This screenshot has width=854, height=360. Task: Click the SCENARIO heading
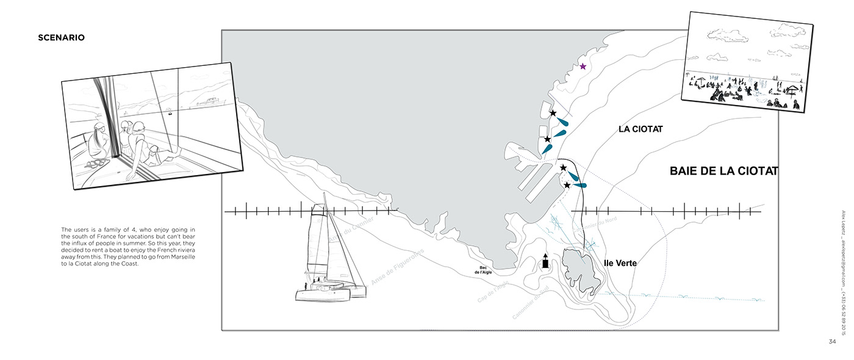[x=61, y=38]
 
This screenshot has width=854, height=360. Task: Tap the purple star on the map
[x=583, y=67]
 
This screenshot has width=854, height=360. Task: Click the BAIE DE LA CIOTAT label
[x=723, y=171]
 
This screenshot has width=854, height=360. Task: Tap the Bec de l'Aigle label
[x=486, y=270]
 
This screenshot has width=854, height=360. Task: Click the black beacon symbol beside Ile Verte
[x=545, y=262]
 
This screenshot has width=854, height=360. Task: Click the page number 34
[x=832, y=341]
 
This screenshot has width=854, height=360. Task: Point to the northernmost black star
[x=553, y=113]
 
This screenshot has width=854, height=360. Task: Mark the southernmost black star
[x=567, y=185]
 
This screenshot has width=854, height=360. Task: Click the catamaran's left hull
[x=320, y=295]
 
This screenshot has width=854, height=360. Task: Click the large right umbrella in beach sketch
[x=792, y=90]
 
